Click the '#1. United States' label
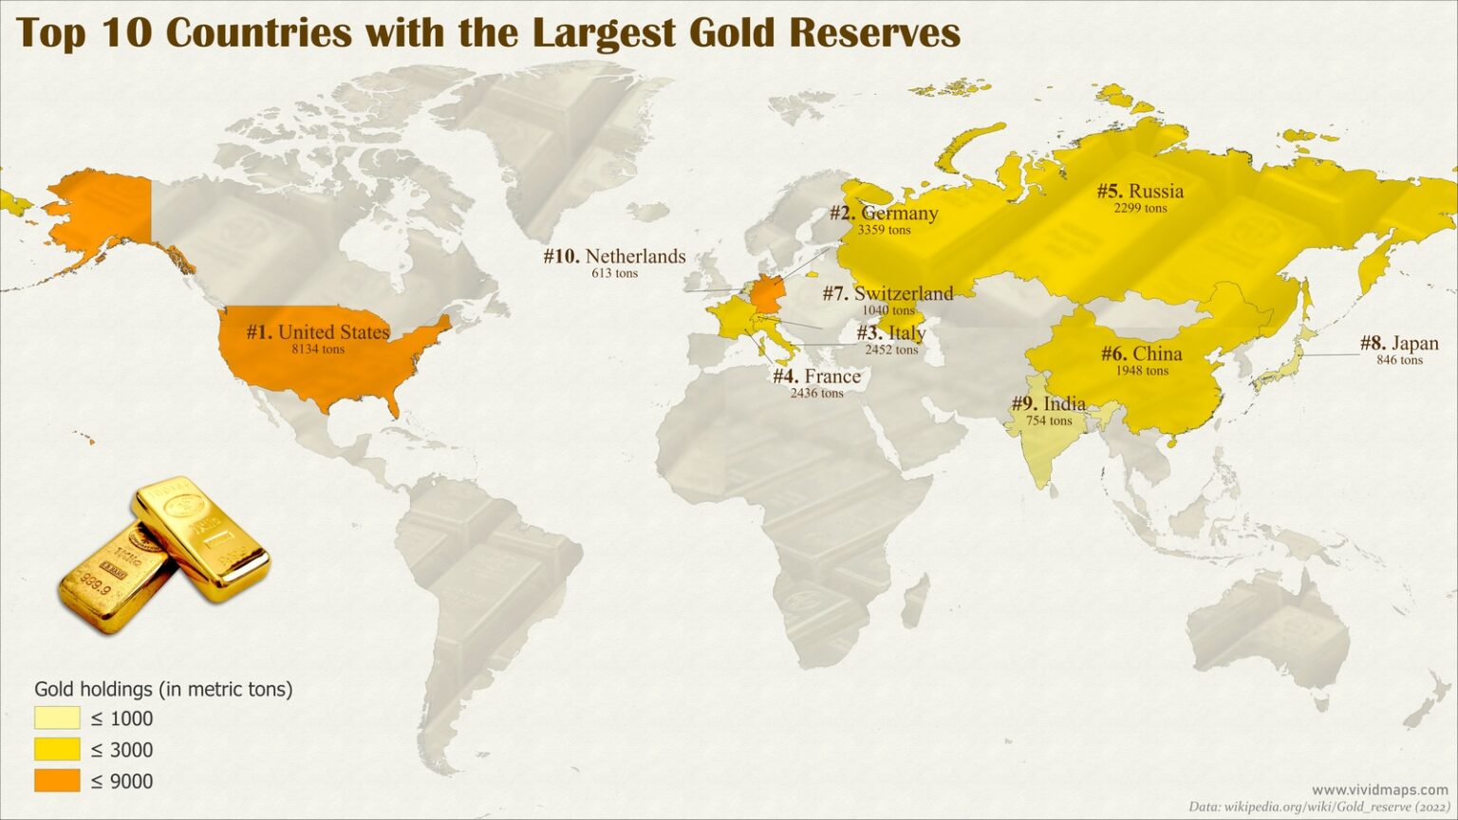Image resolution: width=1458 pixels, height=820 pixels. [x=318, y=332]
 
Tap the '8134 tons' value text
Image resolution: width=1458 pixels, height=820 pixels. [x=318, y=349]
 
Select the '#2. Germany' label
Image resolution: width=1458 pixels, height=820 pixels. [x=884, y=214]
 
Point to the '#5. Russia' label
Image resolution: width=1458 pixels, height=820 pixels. [x=1140, y=192]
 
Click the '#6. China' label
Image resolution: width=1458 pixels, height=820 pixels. [x=1141, y=354]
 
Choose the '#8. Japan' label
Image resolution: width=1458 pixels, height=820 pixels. [x=1399, y=344]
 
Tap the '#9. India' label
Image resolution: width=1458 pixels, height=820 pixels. [x=1048, y=404]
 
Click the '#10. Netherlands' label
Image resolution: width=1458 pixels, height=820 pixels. [x=614, y=256]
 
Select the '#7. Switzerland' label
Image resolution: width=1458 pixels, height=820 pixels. [x=888, y=294]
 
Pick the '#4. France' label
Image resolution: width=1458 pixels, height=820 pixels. [x=816, y=377]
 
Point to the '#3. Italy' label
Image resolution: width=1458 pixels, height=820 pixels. [x=890, y=333]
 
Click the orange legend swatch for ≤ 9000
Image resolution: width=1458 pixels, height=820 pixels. [x=57, y=780]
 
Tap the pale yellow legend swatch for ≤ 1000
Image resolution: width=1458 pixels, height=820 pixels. [x=57, y=717]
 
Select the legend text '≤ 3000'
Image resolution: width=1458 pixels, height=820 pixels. [x=121, y=750]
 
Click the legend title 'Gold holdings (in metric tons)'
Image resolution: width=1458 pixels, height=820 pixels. [x=163, y=689]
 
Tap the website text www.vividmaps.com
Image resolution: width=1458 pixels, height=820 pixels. [x=1380, y=790]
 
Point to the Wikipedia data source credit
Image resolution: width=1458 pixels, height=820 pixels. [x=1318, y=807]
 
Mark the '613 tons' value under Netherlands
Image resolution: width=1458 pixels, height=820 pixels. [x=614, y=273]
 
